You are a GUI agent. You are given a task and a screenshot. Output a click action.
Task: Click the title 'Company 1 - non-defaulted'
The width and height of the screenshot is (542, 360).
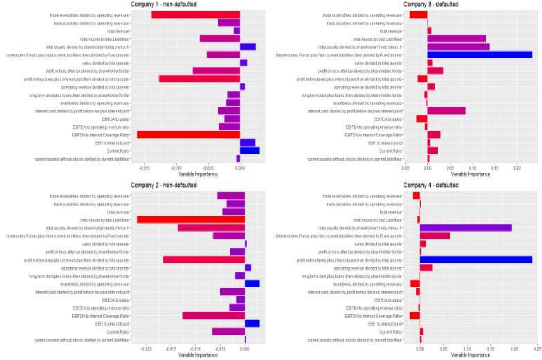point(163,5)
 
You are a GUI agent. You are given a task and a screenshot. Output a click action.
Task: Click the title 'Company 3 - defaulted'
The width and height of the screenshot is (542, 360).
point(431,5)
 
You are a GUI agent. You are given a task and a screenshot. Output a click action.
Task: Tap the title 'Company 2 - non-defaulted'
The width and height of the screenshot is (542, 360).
point(163,185)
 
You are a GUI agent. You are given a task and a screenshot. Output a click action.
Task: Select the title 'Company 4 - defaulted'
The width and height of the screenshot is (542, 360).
point(431,185)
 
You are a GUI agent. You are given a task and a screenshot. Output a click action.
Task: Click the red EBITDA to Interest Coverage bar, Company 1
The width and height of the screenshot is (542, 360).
point(188,135)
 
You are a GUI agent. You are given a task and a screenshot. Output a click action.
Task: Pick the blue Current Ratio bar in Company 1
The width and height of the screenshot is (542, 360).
point(249,151)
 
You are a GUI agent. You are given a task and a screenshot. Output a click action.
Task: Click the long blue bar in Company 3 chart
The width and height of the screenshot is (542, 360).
point(480,55)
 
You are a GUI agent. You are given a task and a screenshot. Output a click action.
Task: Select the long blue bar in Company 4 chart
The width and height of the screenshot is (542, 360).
point(476,260)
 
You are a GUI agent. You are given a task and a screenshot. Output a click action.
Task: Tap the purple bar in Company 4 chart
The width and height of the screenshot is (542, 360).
point(466,228)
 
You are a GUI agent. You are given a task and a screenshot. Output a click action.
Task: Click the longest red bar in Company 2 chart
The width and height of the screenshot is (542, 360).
point(191,220)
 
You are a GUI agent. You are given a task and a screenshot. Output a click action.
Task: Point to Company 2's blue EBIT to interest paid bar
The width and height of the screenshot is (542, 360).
point(252,324)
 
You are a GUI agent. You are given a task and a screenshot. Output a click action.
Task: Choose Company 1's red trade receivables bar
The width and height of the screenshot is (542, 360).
point(195,15)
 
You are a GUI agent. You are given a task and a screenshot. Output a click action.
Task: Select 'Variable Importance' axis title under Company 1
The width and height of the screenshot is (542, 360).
point(198,174)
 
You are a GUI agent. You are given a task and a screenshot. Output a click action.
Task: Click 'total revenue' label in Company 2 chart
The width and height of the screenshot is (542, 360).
point(118,212)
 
